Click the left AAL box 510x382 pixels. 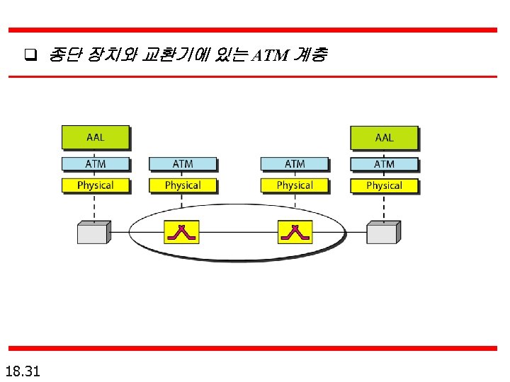coord(96,137)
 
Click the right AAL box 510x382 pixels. coord(384,137)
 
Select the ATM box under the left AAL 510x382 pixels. coord(96,164)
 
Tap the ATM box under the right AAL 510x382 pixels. coord(384,164)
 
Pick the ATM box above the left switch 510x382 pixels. coord(182,164)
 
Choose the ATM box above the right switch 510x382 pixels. coord(295,164)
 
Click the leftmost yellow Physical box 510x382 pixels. coord(96,185)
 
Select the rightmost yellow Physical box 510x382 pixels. coord(384,185)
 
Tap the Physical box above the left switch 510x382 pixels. coord(182,185)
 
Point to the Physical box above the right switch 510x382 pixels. coord(295,185)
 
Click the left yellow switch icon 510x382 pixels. coord(182,231)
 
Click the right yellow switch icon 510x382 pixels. coord(295,231)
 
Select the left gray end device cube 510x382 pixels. coord(93,233)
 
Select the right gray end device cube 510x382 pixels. coord(382,233)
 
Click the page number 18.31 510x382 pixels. coord(23,370)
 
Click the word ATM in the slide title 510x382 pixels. coord(271,55)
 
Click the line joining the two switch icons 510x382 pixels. coord(239,232)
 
